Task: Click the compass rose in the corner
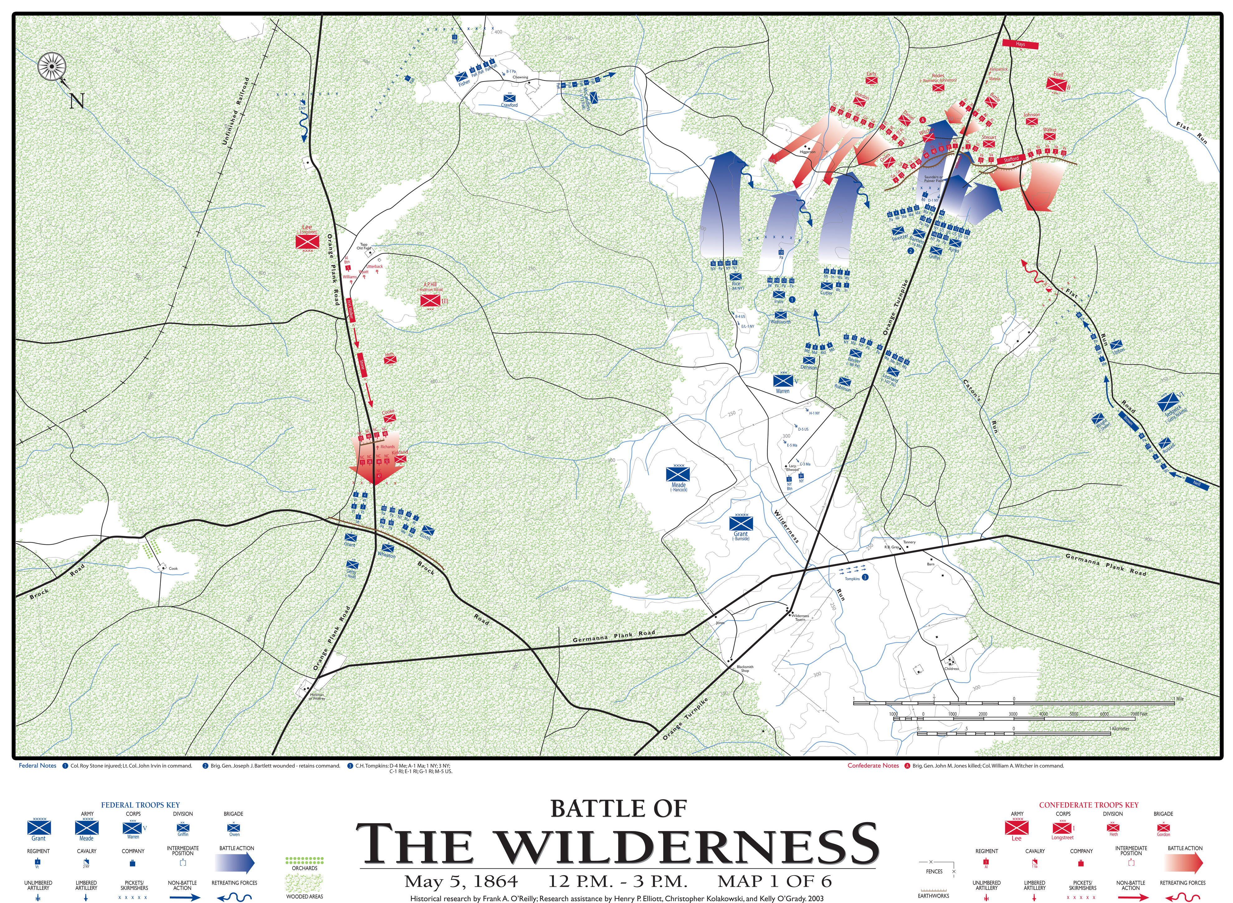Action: (52, 67)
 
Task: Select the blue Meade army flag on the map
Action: (678, 474)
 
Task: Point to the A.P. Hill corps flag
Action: (430, 300)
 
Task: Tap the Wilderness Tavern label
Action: (800, 617)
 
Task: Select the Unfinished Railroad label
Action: (235, 111)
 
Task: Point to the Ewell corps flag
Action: (1056, 84)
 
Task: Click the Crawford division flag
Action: (509, 98)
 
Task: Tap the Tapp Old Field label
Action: (364, 247)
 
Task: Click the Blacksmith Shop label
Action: (745, 669)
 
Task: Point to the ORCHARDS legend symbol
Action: (305, 860)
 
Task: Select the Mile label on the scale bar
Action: (1180, 698)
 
